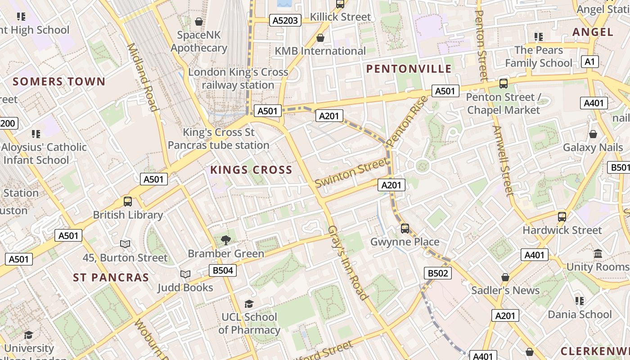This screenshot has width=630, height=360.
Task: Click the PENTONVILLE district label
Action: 409,69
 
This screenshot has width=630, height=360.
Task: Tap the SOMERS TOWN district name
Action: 59,82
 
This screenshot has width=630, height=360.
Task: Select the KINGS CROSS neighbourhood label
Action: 251,170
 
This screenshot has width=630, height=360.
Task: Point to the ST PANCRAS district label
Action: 111,278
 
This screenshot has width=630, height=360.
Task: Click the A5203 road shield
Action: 286,20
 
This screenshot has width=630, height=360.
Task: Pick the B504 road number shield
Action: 222,270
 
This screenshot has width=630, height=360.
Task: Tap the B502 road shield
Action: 438,273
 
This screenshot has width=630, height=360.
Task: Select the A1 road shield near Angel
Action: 589,62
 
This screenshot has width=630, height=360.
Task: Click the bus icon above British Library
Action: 128,202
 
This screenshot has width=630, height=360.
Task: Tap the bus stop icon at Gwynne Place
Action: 405,229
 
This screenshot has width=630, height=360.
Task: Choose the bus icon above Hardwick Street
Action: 562,217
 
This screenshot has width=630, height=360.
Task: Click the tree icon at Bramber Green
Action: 226,240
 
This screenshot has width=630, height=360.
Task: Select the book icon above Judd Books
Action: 185,274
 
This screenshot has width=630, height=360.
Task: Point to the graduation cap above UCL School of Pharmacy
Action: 249,304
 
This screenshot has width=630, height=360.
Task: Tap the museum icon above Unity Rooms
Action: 598,254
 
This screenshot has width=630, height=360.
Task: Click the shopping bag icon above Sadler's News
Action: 505,277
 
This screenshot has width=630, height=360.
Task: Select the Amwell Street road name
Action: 503,161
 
